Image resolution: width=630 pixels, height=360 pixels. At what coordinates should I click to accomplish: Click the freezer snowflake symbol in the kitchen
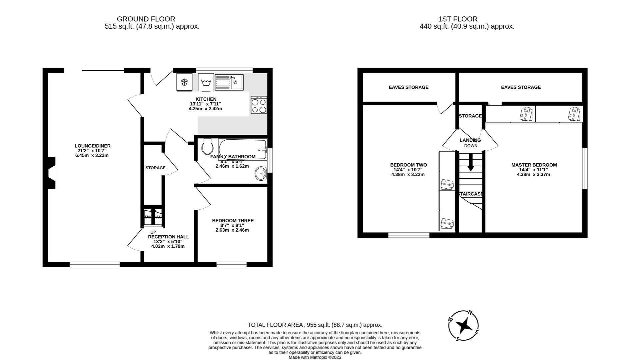point(184,82)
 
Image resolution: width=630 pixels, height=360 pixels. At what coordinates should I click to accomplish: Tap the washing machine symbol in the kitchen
point(206,82)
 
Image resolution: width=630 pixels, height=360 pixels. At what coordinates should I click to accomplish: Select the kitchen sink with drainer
point(229,82)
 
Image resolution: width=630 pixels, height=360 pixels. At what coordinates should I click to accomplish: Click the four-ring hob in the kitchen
point(259,105)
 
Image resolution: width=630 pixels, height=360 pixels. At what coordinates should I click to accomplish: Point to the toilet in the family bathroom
point(208,147)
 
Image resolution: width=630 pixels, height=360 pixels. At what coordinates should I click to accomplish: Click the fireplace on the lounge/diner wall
point(53,173)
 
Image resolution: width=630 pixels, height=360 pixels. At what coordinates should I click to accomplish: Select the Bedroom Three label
point(233,221)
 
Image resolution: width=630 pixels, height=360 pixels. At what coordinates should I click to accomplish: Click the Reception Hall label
point(168,237)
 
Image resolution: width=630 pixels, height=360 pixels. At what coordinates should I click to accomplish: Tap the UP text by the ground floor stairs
point(153,232)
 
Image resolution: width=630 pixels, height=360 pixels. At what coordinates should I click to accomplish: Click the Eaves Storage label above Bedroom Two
point(408,87)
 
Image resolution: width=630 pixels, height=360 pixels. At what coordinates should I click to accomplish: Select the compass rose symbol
point(463,326)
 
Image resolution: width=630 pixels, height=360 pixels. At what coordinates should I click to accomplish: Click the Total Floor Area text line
point(315,325)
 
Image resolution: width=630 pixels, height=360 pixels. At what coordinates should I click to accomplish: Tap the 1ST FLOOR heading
point(467,19)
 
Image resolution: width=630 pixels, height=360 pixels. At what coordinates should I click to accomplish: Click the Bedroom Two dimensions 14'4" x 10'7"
point(408,170)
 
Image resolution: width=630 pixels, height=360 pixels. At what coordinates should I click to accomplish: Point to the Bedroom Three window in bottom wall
point(231,264)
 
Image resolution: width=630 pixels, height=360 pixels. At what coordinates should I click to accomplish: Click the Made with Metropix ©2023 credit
point(315,357)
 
